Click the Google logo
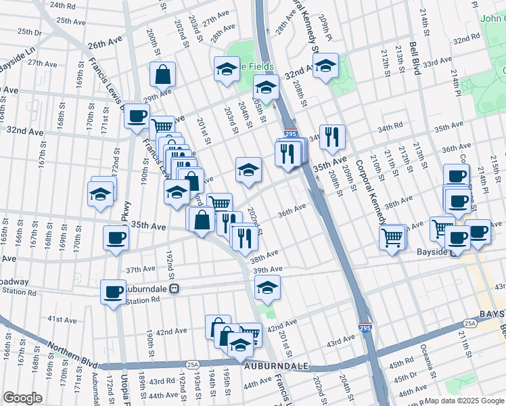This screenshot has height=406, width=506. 22,398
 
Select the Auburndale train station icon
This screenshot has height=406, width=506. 174,288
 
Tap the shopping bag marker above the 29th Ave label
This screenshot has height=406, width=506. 163,75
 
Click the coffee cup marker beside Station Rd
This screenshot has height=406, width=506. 113,293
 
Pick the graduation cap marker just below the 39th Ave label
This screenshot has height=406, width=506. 267,288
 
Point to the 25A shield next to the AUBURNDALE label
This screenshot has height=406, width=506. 192,365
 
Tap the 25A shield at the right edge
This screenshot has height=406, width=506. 470,323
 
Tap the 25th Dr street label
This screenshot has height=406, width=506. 29,32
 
